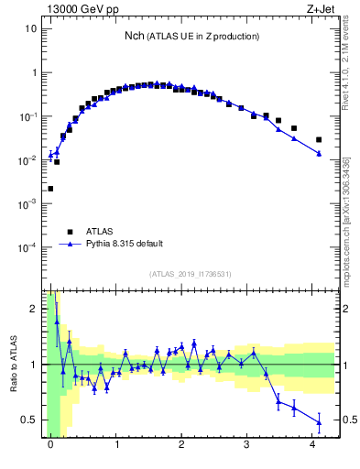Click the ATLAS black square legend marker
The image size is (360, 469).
69,232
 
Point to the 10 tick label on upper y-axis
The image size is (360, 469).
29,28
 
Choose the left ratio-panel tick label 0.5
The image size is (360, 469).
28,420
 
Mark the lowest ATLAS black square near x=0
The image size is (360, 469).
50,189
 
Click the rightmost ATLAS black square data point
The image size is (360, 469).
319,140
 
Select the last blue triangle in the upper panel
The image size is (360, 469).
319,154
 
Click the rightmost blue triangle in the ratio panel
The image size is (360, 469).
319,422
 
